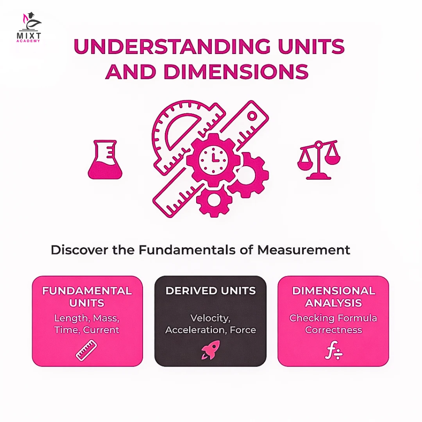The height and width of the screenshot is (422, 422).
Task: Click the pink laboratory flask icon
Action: pyautogui.click(x=105, y=160)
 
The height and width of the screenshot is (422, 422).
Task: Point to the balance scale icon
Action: pyautogui.click(x=319, y=160)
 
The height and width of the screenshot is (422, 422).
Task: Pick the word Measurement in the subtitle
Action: pyautogui.click(x=303, y=250)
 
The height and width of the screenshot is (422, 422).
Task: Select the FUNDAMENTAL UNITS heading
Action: pyautogui.click(x=87, y=297)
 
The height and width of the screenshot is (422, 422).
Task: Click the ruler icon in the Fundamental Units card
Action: pyautogui.click(x=86, y=350)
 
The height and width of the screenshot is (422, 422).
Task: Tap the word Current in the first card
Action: pyautogui.click(x=101, y=330)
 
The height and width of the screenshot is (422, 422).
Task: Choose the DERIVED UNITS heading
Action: pyautogui.click(x=210, y=291)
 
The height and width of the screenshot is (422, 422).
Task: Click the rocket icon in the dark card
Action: pyautogui.click(x=211, y=350)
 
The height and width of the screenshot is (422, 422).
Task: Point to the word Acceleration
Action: pyautogui.click(x=196, y=330)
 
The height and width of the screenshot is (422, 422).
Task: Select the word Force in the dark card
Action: pyautogui.click(x=243, y=330)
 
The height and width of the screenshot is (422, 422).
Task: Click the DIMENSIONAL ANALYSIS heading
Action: pyautogui.click(x=333, y=297)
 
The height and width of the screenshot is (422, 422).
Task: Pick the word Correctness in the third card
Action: pyautogui.click(x=333, y=330)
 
